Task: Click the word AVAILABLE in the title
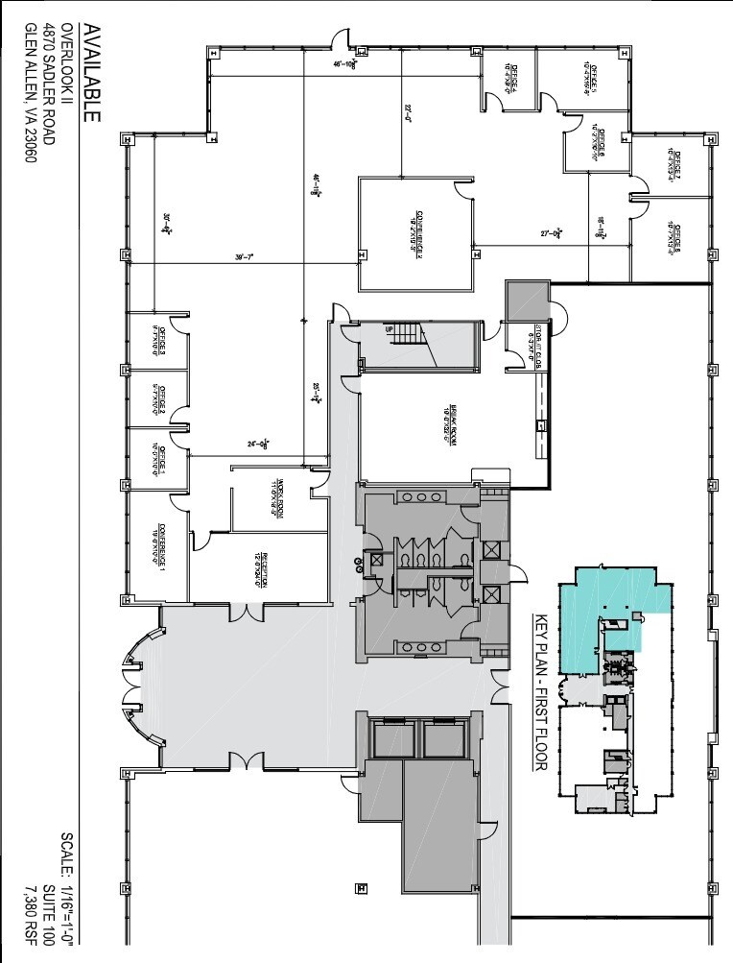click(x=92, y=74)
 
